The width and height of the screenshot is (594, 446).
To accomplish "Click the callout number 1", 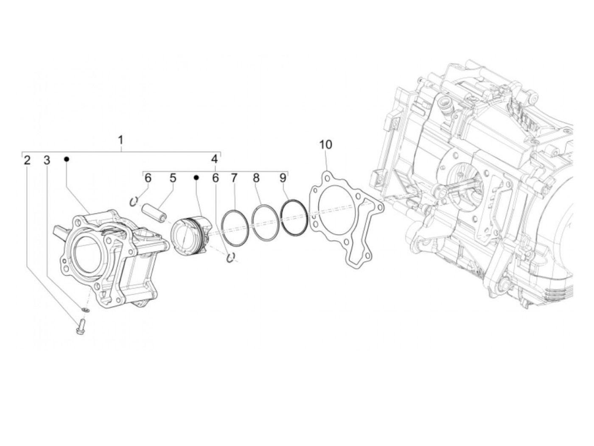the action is click(x=120, y=140).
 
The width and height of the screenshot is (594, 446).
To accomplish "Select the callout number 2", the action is click(x=27, y=160).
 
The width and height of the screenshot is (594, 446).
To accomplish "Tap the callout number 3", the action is click(x=47, y=160).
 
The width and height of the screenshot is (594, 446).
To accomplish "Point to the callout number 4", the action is click(x=214, y=159).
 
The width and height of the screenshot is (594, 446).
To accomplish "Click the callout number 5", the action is click(x=173, y=178).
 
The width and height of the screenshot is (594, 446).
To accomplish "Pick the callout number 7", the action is click(x=234, y=178).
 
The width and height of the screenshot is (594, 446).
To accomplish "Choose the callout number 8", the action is click(x=256, y=178).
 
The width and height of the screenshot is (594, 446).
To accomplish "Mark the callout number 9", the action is click(x=282, y=178).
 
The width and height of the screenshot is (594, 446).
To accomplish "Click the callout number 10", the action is click(x=325, y=145).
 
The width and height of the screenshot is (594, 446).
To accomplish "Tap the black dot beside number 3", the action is click(x=67, y=159).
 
